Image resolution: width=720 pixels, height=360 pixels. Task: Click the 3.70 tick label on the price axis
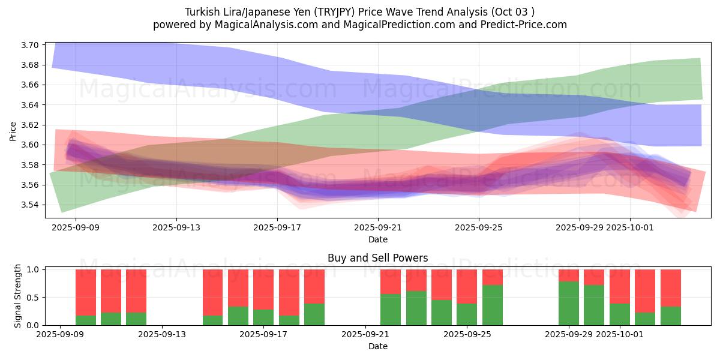click(31, 45)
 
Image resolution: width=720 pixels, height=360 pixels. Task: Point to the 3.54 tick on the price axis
click(31, 205)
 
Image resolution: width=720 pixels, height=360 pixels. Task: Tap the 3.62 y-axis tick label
click(31, 125)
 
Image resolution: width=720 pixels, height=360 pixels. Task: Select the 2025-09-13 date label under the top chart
click(176, 228)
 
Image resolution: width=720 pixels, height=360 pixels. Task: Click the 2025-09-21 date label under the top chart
click(377, 228)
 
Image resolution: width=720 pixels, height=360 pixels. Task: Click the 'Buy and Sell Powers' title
click(377, 258)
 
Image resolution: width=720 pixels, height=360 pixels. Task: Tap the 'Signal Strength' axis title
click(18, 295)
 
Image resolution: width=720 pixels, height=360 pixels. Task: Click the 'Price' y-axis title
click(13, 130)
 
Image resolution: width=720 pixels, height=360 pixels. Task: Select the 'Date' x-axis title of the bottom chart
click(377, 346)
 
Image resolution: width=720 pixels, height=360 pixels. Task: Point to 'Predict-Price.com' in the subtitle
click(521, 25)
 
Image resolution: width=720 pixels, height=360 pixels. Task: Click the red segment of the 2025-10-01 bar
click(620, 286)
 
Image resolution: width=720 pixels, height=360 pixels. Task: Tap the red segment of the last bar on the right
click(670, 288)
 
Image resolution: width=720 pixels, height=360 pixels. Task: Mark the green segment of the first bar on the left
click(86, 320)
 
